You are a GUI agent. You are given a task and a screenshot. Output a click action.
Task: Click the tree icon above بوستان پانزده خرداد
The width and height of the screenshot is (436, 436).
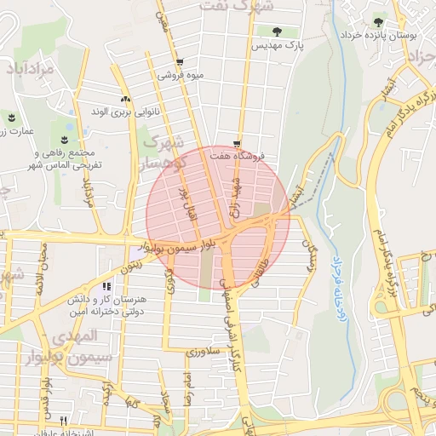(379, 22)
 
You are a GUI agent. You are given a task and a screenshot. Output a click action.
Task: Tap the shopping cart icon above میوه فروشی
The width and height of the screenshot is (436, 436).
(179, 62)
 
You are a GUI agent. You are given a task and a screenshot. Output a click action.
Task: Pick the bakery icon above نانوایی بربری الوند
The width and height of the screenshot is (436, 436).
(126, 99)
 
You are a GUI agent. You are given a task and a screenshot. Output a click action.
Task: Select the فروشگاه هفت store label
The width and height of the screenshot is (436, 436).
(238, 157)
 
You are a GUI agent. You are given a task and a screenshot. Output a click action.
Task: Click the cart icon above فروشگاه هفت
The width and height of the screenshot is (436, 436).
(237, 144)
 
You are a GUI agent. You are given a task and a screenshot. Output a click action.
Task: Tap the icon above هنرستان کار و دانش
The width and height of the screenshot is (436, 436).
(106, 287)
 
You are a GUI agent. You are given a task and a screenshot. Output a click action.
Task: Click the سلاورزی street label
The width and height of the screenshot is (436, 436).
(204, 350)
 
